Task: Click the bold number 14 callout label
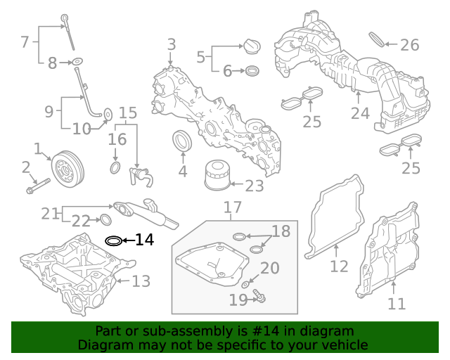pos(143,240)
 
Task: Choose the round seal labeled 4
pos(183,141)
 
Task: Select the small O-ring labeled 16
pos(115,168)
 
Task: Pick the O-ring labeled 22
pos(104,219)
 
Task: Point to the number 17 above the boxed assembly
pos(233,207)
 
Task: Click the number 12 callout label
pos(339,266)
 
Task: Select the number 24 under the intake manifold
pos(360,113)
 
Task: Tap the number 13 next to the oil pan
pos(141,281)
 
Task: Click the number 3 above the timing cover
pos(171,46)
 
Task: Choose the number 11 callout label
pos(397,304)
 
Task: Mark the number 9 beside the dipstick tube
pos(49,110)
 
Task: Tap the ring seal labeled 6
pos(252,70)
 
